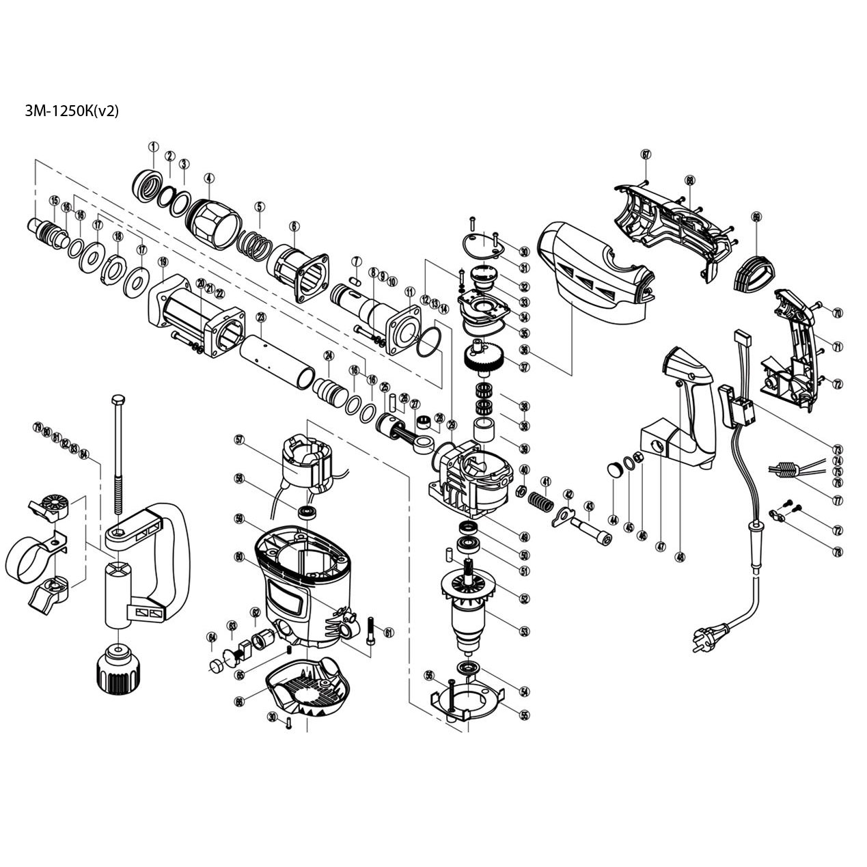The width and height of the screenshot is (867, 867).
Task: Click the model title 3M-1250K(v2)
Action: [72, 111]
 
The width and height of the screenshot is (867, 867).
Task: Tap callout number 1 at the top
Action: [153, 146]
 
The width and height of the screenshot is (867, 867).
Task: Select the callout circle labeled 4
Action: [208, 178]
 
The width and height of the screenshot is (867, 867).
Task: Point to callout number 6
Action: [294, 226]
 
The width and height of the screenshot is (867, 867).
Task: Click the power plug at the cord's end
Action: [704, 640]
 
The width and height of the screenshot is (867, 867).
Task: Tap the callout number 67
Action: [646, 154]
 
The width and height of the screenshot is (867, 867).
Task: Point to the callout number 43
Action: [589, 506]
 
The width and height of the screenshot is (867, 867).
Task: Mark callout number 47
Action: [660, 547]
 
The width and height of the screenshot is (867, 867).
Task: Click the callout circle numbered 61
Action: [389, 632]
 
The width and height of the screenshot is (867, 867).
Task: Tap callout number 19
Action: [163, 262]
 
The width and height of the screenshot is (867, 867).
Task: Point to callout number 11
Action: [409, 292]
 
